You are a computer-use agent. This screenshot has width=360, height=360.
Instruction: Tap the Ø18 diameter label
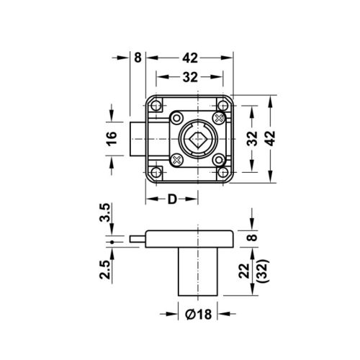point(199,314)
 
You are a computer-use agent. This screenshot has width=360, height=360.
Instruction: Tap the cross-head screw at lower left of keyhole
point(176,158)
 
